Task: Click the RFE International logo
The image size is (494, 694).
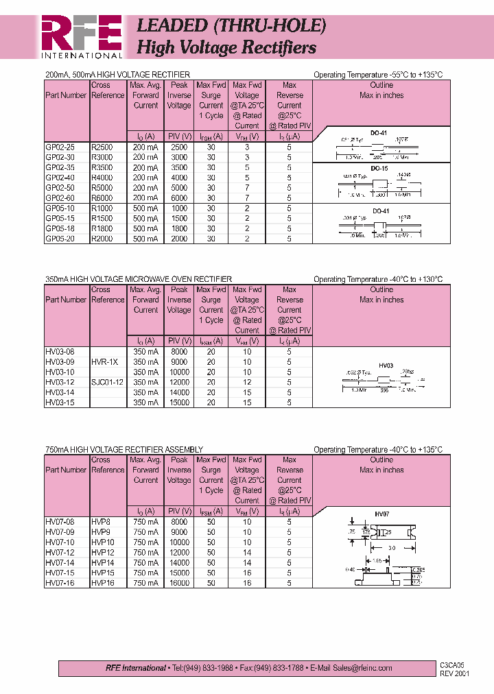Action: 81,38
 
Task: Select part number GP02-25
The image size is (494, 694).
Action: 59,147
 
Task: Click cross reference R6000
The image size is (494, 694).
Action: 102,198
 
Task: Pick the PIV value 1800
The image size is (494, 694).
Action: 179,228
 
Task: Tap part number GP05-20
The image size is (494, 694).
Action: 59,239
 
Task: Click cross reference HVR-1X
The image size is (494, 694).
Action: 105,361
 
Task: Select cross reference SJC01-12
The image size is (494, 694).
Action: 107,382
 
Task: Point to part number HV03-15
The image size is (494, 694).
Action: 59,403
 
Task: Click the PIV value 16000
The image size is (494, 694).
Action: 179,583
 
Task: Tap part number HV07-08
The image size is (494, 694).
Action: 59,521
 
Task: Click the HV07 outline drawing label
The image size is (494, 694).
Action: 382,514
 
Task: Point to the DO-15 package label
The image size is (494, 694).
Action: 380,168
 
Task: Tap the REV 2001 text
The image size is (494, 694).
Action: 455,673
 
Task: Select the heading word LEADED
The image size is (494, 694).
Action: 172,25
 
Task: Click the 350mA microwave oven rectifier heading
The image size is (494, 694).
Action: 139,279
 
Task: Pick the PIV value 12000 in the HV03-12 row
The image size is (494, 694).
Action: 179,382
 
